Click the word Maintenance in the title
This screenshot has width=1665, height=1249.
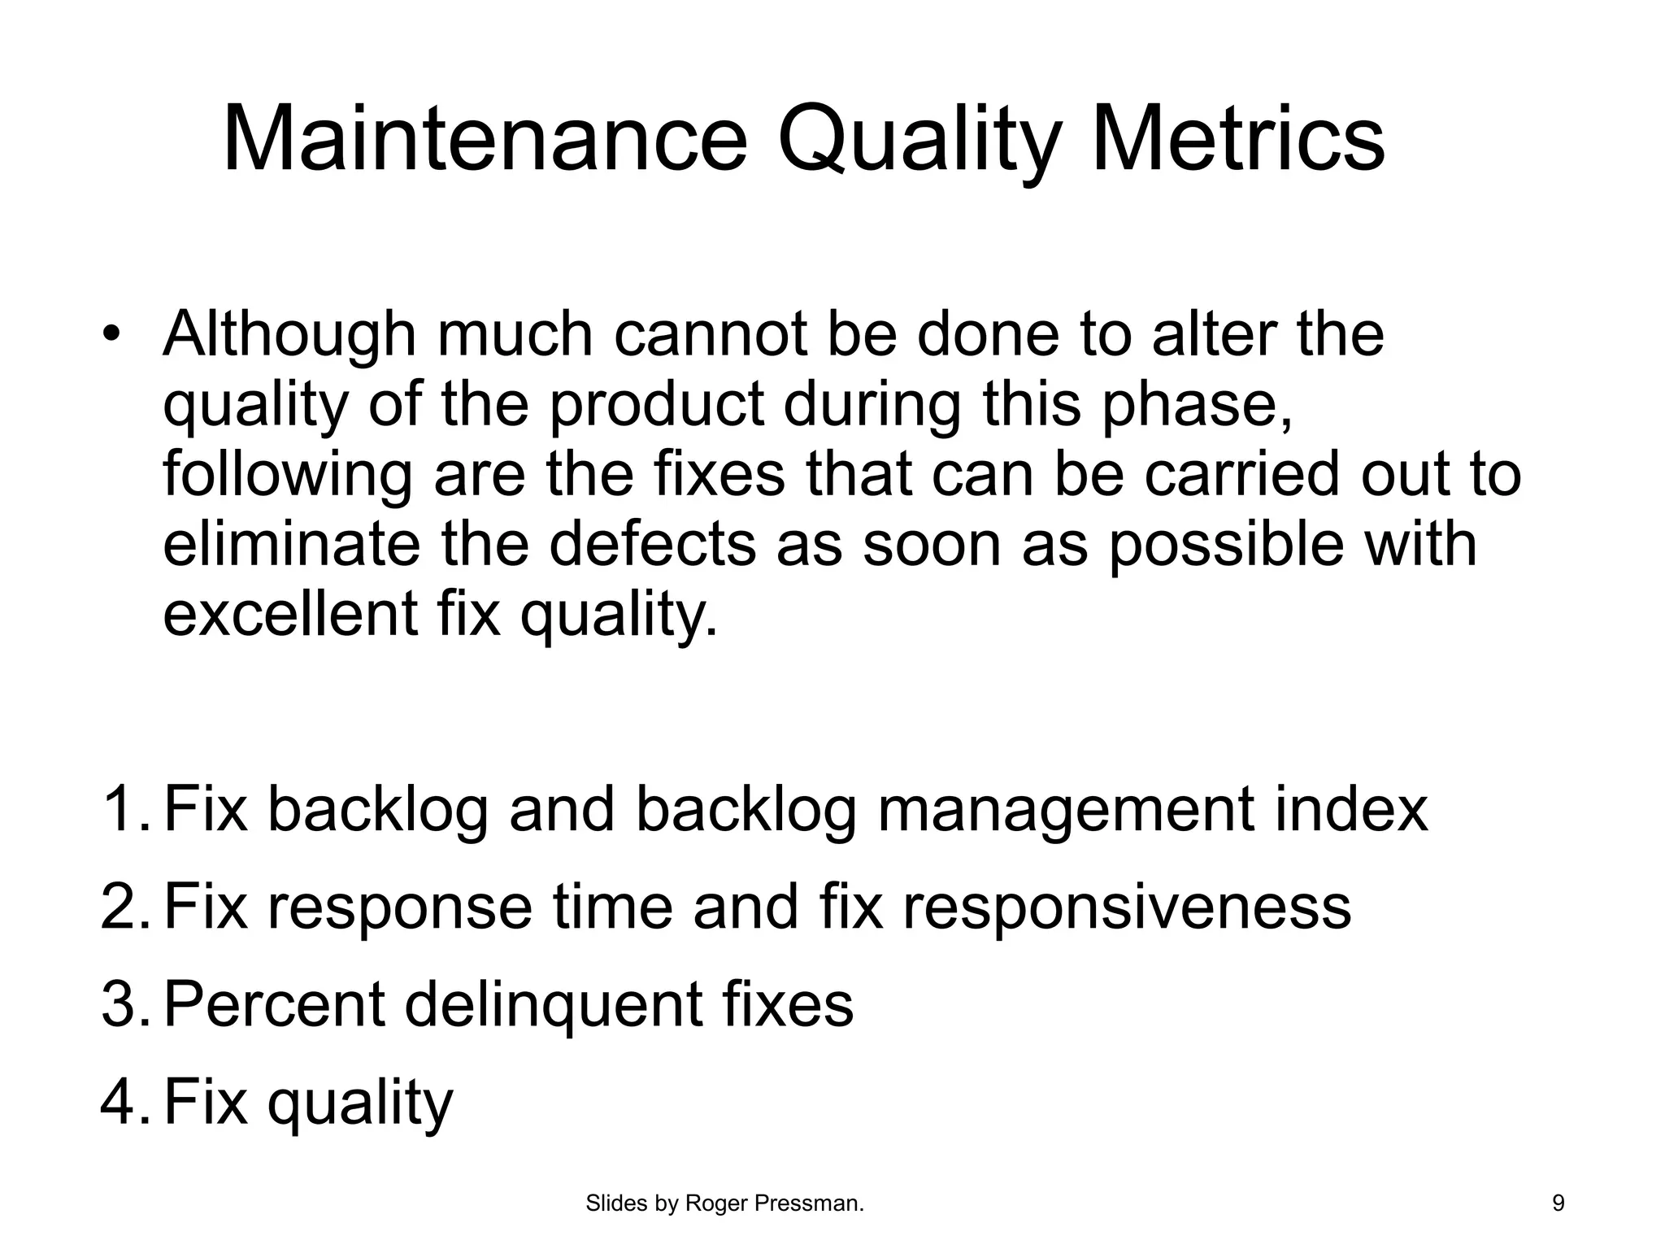pyautogui.click(x=484, y=140)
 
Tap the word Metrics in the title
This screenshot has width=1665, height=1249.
pyautogui.click(x=1237, y=140)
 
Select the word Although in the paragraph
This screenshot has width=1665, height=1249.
pyautogui.click(x=289, y=335)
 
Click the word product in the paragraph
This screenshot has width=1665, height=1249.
pyautogui.click(x=657, y=405)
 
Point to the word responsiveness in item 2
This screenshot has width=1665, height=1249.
pyautogui.click(x=1127, y=907)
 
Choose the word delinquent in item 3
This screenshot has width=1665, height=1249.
pyautogui.click(x=553, y=1005)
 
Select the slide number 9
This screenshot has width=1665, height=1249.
pyautogui.click(x=1558, y=1203)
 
